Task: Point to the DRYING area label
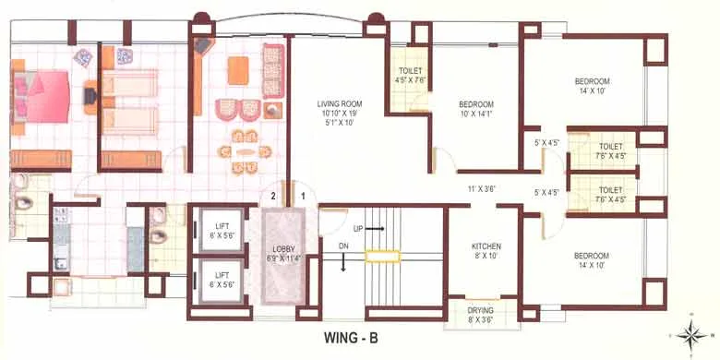click(x=480, y=316)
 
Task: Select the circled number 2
click(x=273, y=196)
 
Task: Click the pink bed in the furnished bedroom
click(x=42, y=93)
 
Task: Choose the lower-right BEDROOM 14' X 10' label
click(x=590, y=259)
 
